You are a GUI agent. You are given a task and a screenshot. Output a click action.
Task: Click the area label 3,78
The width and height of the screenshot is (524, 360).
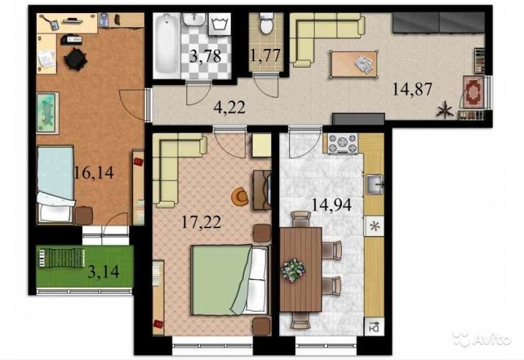point(205,56)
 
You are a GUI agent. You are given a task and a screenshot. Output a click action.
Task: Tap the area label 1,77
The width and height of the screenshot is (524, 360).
point(265,55)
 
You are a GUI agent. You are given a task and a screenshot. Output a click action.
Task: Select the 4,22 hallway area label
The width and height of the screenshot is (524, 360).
point(230,107)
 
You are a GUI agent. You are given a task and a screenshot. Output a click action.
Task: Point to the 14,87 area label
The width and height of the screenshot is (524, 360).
point(412,89)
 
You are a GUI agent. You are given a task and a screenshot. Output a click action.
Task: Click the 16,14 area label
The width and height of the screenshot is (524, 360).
point(94,173)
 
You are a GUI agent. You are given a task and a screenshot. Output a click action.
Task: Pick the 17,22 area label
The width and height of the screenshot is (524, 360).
point(202,222)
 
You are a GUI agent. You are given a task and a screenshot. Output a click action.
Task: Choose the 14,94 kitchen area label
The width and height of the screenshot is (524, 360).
point(332,204)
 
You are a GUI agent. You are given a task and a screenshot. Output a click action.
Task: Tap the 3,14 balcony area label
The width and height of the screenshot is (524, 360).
point(103,272)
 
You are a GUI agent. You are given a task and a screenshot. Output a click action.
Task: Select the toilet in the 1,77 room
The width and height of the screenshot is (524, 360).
point(266,24)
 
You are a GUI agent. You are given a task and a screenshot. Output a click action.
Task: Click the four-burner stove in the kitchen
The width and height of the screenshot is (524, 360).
point(343,143)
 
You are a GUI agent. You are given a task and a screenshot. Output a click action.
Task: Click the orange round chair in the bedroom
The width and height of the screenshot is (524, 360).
point(240,197)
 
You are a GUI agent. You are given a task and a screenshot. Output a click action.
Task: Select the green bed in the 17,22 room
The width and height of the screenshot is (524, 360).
point(230,280)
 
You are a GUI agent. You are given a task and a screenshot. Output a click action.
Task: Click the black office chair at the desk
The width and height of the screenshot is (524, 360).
point(75,59)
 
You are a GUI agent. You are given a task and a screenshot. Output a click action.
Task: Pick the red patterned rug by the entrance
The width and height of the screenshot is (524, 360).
point(473,91)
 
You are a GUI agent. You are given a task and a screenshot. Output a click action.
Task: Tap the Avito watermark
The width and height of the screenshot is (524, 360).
point(482,338)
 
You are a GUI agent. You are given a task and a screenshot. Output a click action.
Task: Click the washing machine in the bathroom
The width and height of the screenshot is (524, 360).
point(220,24)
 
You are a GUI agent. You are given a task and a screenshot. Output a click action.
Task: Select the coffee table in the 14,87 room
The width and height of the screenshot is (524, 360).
point(354,65)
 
